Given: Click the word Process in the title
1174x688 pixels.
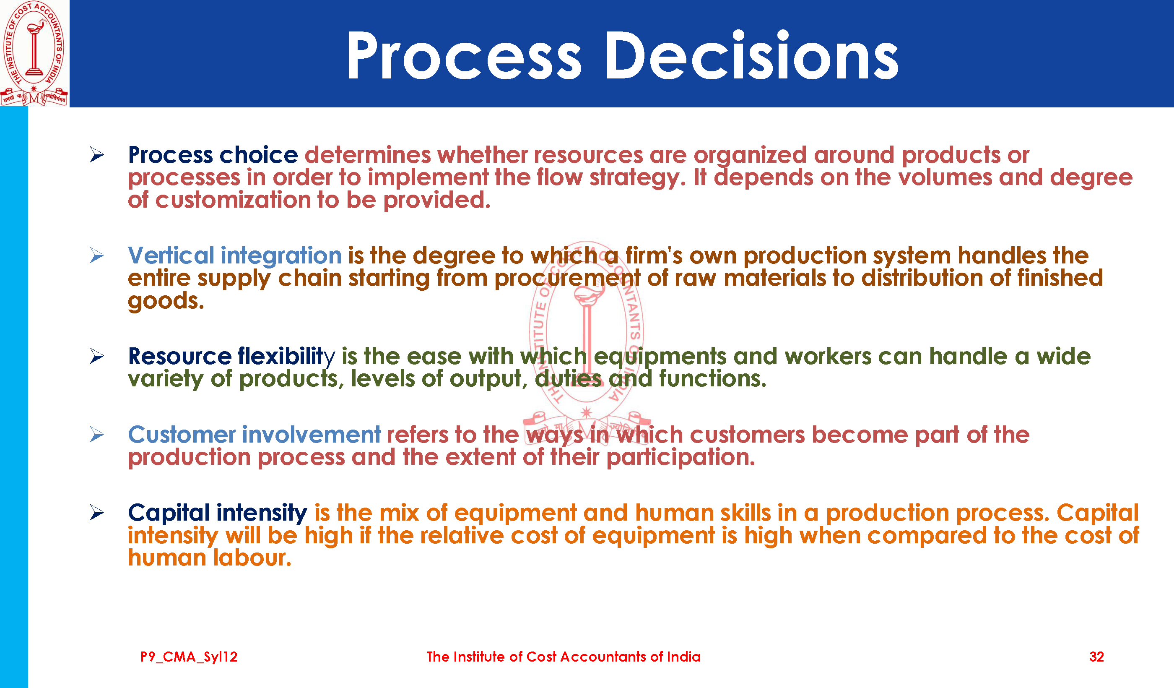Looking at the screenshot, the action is tap(464, 55).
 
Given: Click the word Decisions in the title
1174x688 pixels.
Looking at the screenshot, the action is tap(751, 55).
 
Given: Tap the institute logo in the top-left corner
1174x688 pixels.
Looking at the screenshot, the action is tap(34, 53).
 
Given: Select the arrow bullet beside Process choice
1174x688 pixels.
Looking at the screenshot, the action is tap(97, 154).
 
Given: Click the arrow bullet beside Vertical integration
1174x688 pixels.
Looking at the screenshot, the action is tap(97, 255).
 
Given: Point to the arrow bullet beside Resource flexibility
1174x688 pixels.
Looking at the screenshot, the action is tap(97, 356).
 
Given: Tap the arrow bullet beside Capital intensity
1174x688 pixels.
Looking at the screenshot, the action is tap(97, 512).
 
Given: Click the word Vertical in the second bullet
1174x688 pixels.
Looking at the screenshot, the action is tap(171, 255).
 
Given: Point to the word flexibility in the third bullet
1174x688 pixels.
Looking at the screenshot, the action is tap(286, 356).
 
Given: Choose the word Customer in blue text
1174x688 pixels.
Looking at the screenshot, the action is tap(182, 435).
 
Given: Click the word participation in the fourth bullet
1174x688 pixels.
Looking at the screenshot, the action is tap(681, 457).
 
